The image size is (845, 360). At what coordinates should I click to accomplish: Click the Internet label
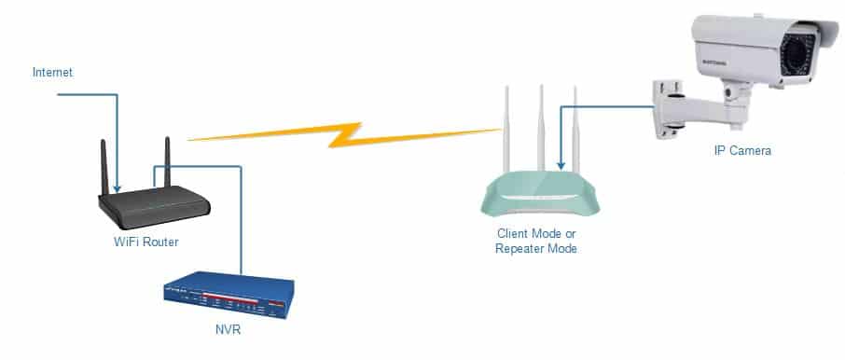(52, 72)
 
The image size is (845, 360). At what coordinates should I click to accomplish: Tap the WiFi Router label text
(145, 242)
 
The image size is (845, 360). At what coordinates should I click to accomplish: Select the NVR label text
(228, 330)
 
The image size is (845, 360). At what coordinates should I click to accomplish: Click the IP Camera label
(742, 151)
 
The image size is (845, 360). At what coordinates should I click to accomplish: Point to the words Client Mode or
(536, 234)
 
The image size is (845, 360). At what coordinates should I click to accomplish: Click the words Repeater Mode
(536, 248)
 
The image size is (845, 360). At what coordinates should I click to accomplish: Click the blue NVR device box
(229, 295)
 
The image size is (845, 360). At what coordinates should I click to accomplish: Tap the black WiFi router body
(154, 207)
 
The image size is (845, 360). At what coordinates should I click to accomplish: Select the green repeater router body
(539, 193)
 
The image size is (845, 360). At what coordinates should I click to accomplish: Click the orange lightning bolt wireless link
(345, 134)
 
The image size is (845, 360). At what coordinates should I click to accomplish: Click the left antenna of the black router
(104, 167)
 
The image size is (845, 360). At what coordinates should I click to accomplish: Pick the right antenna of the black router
(167, 161)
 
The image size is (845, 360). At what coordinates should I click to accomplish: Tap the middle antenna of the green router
(541, 129)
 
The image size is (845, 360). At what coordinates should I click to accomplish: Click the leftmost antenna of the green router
(506, 130)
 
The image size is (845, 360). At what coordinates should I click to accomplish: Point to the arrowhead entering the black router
(117, 188)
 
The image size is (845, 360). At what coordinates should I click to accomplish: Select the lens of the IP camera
(797, 58)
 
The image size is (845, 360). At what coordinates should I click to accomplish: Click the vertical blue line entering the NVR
(241, 220)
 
